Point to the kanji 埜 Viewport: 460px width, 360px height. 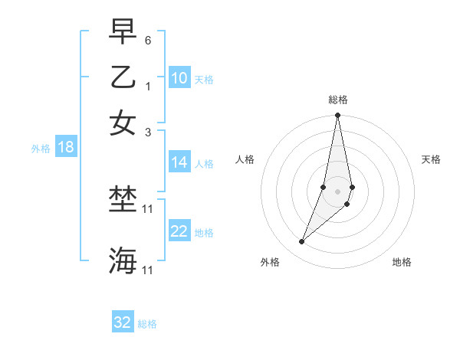[x=123, y=201]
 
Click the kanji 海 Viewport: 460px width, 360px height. [x=123, y=260]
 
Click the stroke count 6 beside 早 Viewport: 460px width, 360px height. [x=149, y=39]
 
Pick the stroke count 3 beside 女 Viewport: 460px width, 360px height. [x=149, y=132]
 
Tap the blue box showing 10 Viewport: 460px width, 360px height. [x=179, y=78]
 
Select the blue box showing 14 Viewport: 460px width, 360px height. [x=179, y=162]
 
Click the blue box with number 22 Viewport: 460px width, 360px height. [x=179, y=231]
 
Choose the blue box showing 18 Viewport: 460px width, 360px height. [x=66, y=148]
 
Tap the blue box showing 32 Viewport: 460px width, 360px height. [x=123, y=322]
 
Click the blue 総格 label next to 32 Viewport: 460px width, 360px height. [x=147, y=324]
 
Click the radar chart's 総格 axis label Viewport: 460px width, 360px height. [x=338, y=100]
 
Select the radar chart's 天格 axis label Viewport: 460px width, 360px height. [x=432, y=159]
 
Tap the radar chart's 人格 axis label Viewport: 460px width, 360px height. [x=245, y=159]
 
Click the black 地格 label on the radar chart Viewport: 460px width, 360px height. [x=402, y=263]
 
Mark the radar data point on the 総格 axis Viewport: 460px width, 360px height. [x=337, y=116]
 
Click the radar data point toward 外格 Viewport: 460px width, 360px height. [x=301, y=242]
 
